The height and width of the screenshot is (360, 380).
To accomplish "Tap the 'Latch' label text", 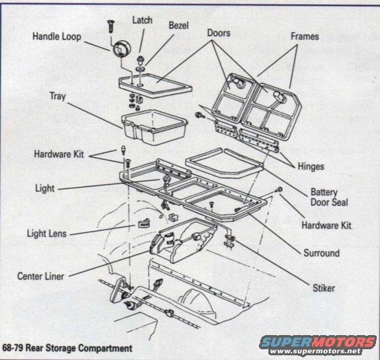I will [x=142, y=20].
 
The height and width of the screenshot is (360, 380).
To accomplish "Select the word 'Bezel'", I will [x=178, y=26].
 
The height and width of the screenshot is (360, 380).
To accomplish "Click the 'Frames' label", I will [x=304, y=36].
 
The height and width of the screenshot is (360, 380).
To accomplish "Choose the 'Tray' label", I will [x=57, y=96].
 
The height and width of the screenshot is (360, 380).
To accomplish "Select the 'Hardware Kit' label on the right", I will [x=326, y=225].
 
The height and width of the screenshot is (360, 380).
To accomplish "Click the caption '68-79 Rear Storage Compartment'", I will [x=67, y=348].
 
